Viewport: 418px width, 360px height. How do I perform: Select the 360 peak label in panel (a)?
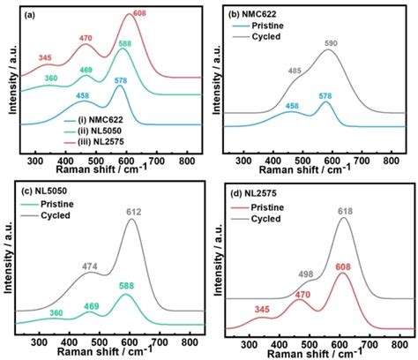[52, 79]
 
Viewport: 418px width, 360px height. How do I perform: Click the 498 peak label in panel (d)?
[305, 274]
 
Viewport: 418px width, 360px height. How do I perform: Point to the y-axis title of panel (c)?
[7, 256]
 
